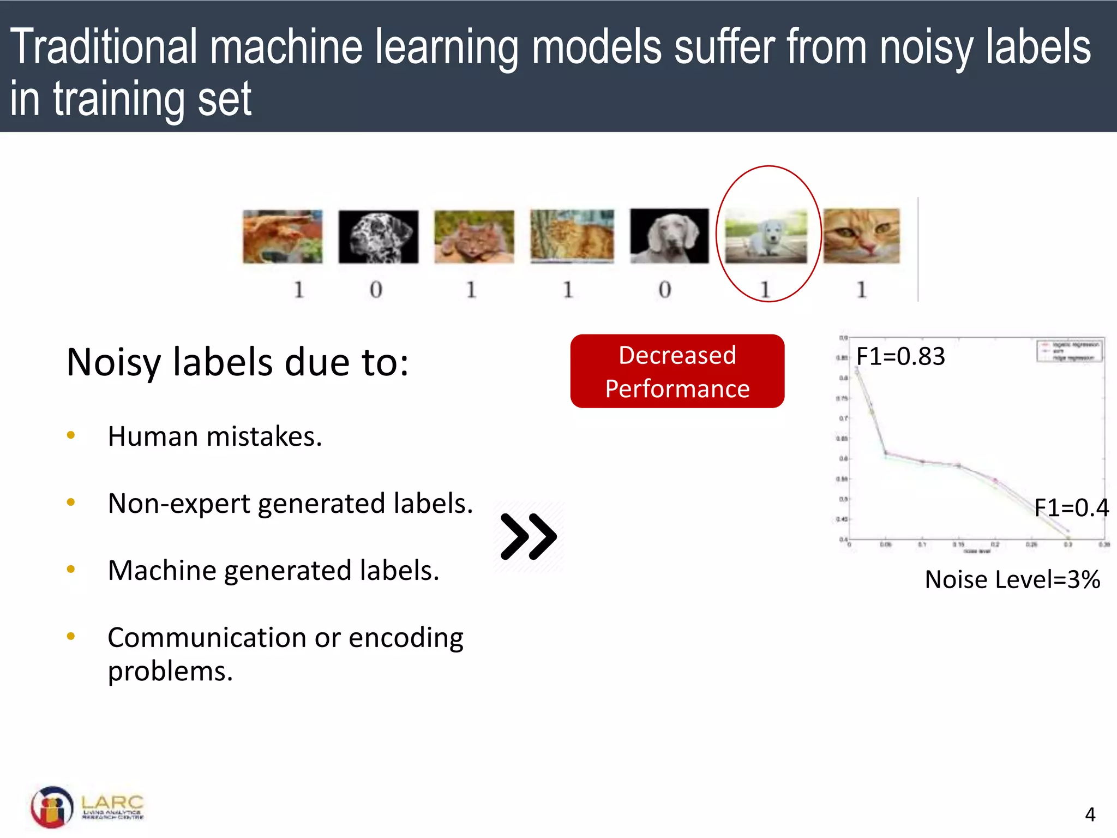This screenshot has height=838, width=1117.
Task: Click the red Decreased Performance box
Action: (677, 372)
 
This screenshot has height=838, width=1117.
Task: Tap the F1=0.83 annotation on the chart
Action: (900, 356)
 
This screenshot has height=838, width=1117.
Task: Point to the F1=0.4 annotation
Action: (1071, 508)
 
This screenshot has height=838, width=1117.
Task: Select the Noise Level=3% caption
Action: (1012, 579)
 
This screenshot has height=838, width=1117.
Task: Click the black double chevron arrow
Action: (529, 537)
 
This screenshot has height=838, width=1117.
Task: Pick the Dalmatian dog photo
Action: (378, 237)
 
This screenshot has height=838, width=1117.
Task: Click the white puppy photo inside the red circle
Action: (766, 237)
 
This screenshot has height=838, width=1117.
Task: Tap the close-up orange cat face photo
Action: (861, 236)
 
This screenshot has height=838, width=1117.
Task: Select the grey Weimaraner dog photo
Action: (669, 236)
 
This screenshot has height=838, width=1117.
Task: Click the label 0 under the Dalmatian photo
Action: (376, 290)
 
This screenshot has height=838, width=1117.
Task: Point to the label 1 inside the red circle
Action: (765, 290)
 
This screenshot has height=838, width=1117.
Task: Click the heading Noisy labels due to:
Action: (237, 362)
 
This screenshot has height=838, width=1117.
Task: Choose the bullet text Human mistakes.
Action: (215, 436)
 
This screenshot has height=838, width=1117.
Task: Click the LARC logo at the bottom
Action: (87, 806)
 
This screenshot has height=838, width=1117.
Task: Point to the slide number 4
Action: (1090, 815)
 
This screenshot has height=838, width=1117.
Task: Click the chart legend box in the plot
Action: (1069, 351)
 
